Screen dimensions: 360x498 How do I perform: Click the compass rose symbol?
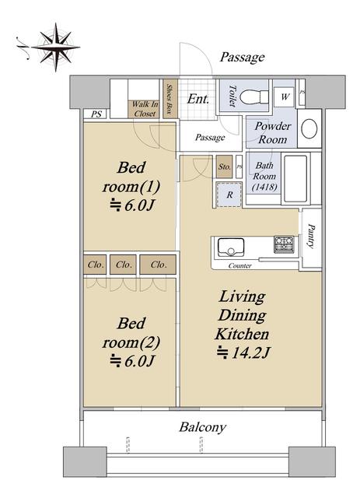click(55, 47)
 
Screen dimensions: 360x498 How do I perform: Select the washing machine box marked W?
click(284, 96)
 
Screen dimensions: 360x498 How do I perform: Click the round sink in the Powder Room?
click(309, 128)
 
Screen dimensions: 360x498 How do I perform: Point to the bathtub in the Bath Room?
click(295, 178)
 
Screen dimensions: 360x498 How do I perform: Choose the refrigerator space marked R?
click(229, 195)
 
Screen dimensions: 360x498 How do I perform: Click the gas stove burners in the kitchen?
click(284, 244)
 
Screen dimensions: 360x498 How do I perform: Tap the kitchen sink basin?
click(231, 247)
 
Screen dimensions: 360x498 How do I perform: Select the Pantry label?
click(312, 236)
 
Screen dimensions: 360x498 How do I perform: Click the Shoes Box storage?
click(170, 99)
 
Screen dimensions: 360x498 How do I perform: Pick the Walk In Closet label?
click(145, 109)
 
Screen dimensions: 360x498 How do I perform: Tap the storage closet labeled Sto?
click(225, 167)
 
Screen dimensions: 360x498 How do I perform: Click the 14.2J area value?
click(243, 352)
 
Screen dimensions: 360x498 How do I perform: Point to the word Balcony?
click(202, 427)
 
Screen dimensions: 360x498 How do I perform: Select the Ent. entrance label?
click(197, 99)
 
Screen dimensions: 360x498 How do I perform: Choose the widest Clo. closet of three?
click(158, 265)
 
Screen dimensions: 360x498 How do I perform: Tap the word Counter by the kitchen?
click(239, 265)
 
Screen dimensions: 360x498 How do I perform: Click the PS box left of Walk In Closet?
click(96, 114)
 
